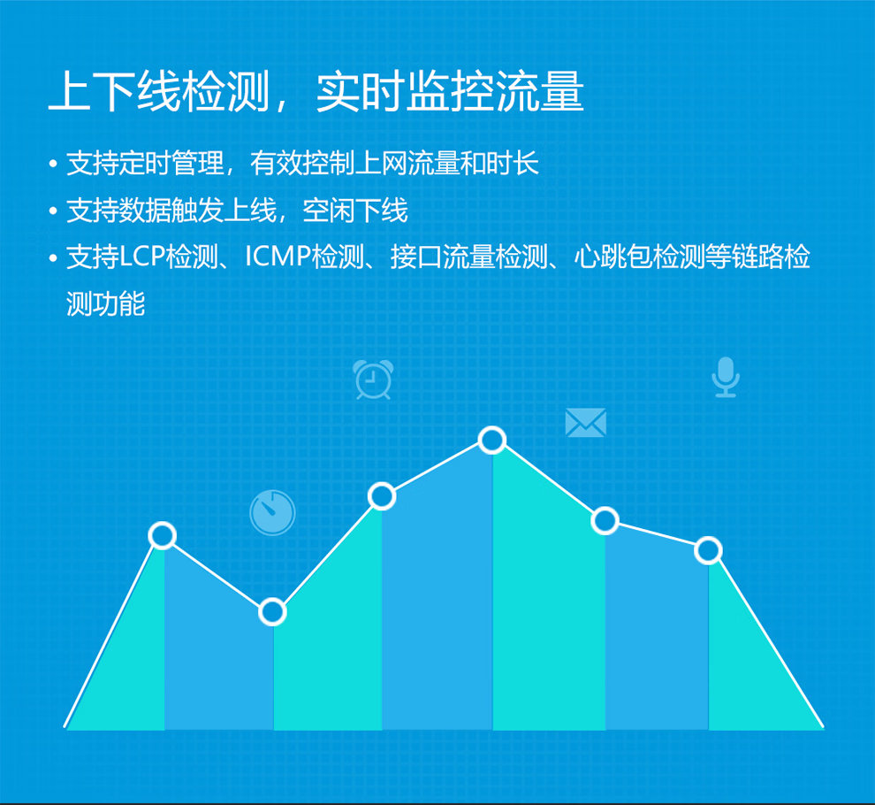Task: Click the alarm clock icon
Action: [x=373, y=379]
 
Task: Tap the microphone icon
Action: [x=726, y=377]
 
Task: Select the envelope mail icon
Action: [x=585, y=422]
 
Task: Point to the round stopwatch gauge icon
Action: [x=272, y=512]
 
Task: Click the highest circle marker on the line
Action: [x=491, y=441]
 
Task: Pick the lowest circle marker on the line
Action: [x=272, y=612]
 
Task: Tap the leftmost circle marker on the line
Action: [x=163, y=536]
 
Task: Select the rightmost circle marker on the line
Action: [x=708, y=551]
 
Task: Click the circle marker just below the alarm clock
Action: [x=382, y=496]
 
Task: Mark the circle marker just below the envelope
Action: [x=605, y=521]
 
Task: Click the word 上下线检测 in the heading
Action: [x=160, y=91]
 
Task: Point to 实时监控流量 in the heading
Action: [x=451, y=91]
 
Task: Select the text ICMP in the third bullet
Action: [x=278, y=257]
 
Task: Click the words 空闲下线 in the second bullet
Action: [x=355, y=211]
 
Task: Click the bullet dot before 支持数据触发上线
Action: [x=53, y=211]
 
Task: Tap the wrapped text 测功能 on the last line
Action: [x=105, y=304]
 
